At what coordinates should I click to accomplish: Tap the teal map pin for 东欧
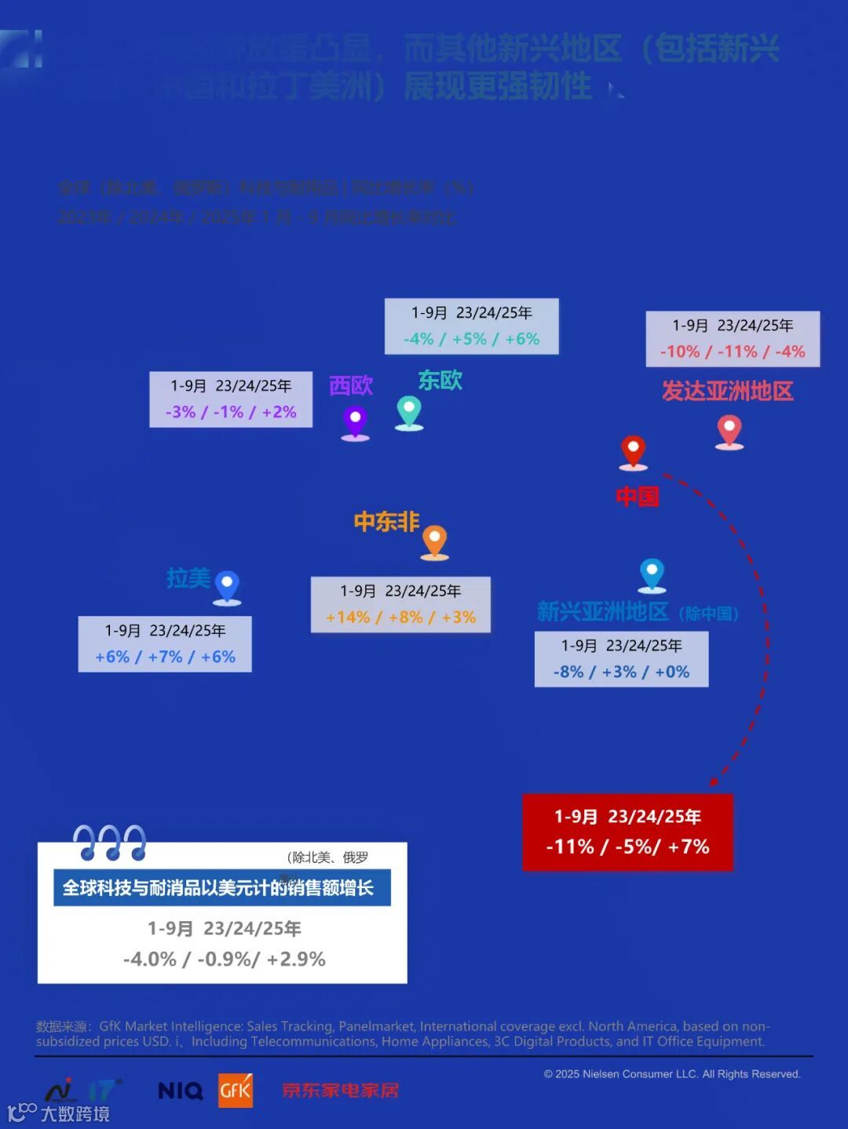coord(408,410)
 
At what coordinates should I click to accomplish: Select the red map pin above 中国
coord(633,450)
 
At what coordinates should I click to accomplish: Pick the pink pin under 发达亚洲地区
coord(729,430)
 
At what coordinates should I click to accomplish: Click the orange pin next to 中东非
coord(434,541)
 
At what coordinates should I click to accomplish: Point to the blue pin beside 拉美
coord(227,585)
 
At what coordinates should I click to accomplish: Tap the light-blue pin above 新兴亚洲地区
coord(652,574)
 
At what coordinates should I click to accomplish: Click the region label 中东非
coord(386,522)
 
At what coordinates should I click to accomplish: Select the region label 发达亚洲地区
coord(727,391)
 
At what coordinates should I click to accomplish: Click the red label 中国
coord(637,497)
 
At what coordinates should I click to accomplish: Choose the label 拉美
coord(188,579)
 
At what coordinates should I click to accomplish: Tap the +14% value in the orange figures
coord(347,617)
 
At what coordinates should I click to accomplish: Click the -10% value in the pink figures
coord(680,351)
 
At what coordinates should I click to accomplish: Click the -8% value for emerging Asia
coord(568,672)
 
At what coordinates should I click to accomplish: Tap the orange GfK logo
coord(236,1090)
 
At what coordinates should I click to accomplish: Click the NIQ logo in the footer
coord(181,1091)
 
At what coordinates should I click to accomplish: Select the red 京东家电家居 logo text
coord(341,1091)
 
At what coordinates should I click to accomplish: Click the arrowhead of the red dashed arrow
coord(714,781)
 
